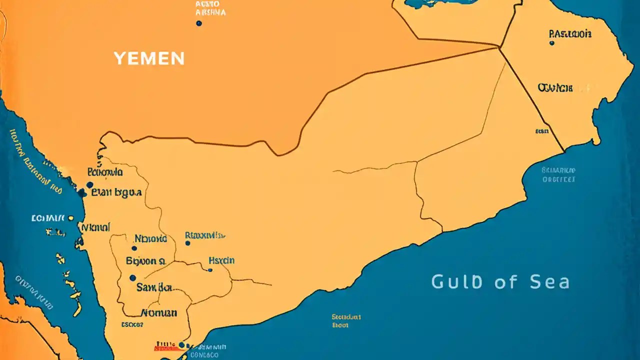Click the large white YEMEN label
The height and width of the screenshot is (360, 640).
[x=149, y=58]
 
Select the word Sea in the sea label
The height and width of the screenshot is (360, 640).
[x=550, y=282]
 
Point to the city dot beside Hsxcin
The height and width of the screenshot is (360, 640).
[x=210, y=270]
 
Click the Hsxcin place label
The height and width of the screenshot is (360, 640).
[x=221, y=260]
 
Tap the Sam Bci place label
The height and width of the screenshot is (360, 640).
[x=154, y=287]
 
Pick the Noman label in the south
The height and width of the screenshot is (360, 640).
[x=159, y=313]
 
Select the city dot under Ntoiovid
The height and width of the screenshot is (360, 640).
[x=134, y=248]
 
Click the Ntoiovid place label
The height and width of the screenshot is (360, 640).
[x=150, y=239]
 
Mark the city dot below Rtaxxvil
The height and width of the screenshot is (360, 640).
[x=187, y=243]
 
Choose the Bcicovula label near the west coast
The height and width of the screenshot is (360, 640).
[x=105, y=172]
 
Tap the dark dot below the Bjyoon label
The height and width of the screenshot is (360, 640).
[x=132, y=277]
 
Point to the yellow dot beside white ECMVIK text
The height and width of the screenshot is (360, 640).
[x=71, y=218]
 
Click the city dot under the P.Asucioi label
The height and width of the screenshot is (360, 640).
[x=551, y=43]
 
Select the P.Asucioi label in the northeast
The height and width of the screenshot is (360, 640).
[x=570, y=34]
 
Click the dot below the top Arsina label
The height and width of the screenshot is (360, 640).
[x=199, y=23]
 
